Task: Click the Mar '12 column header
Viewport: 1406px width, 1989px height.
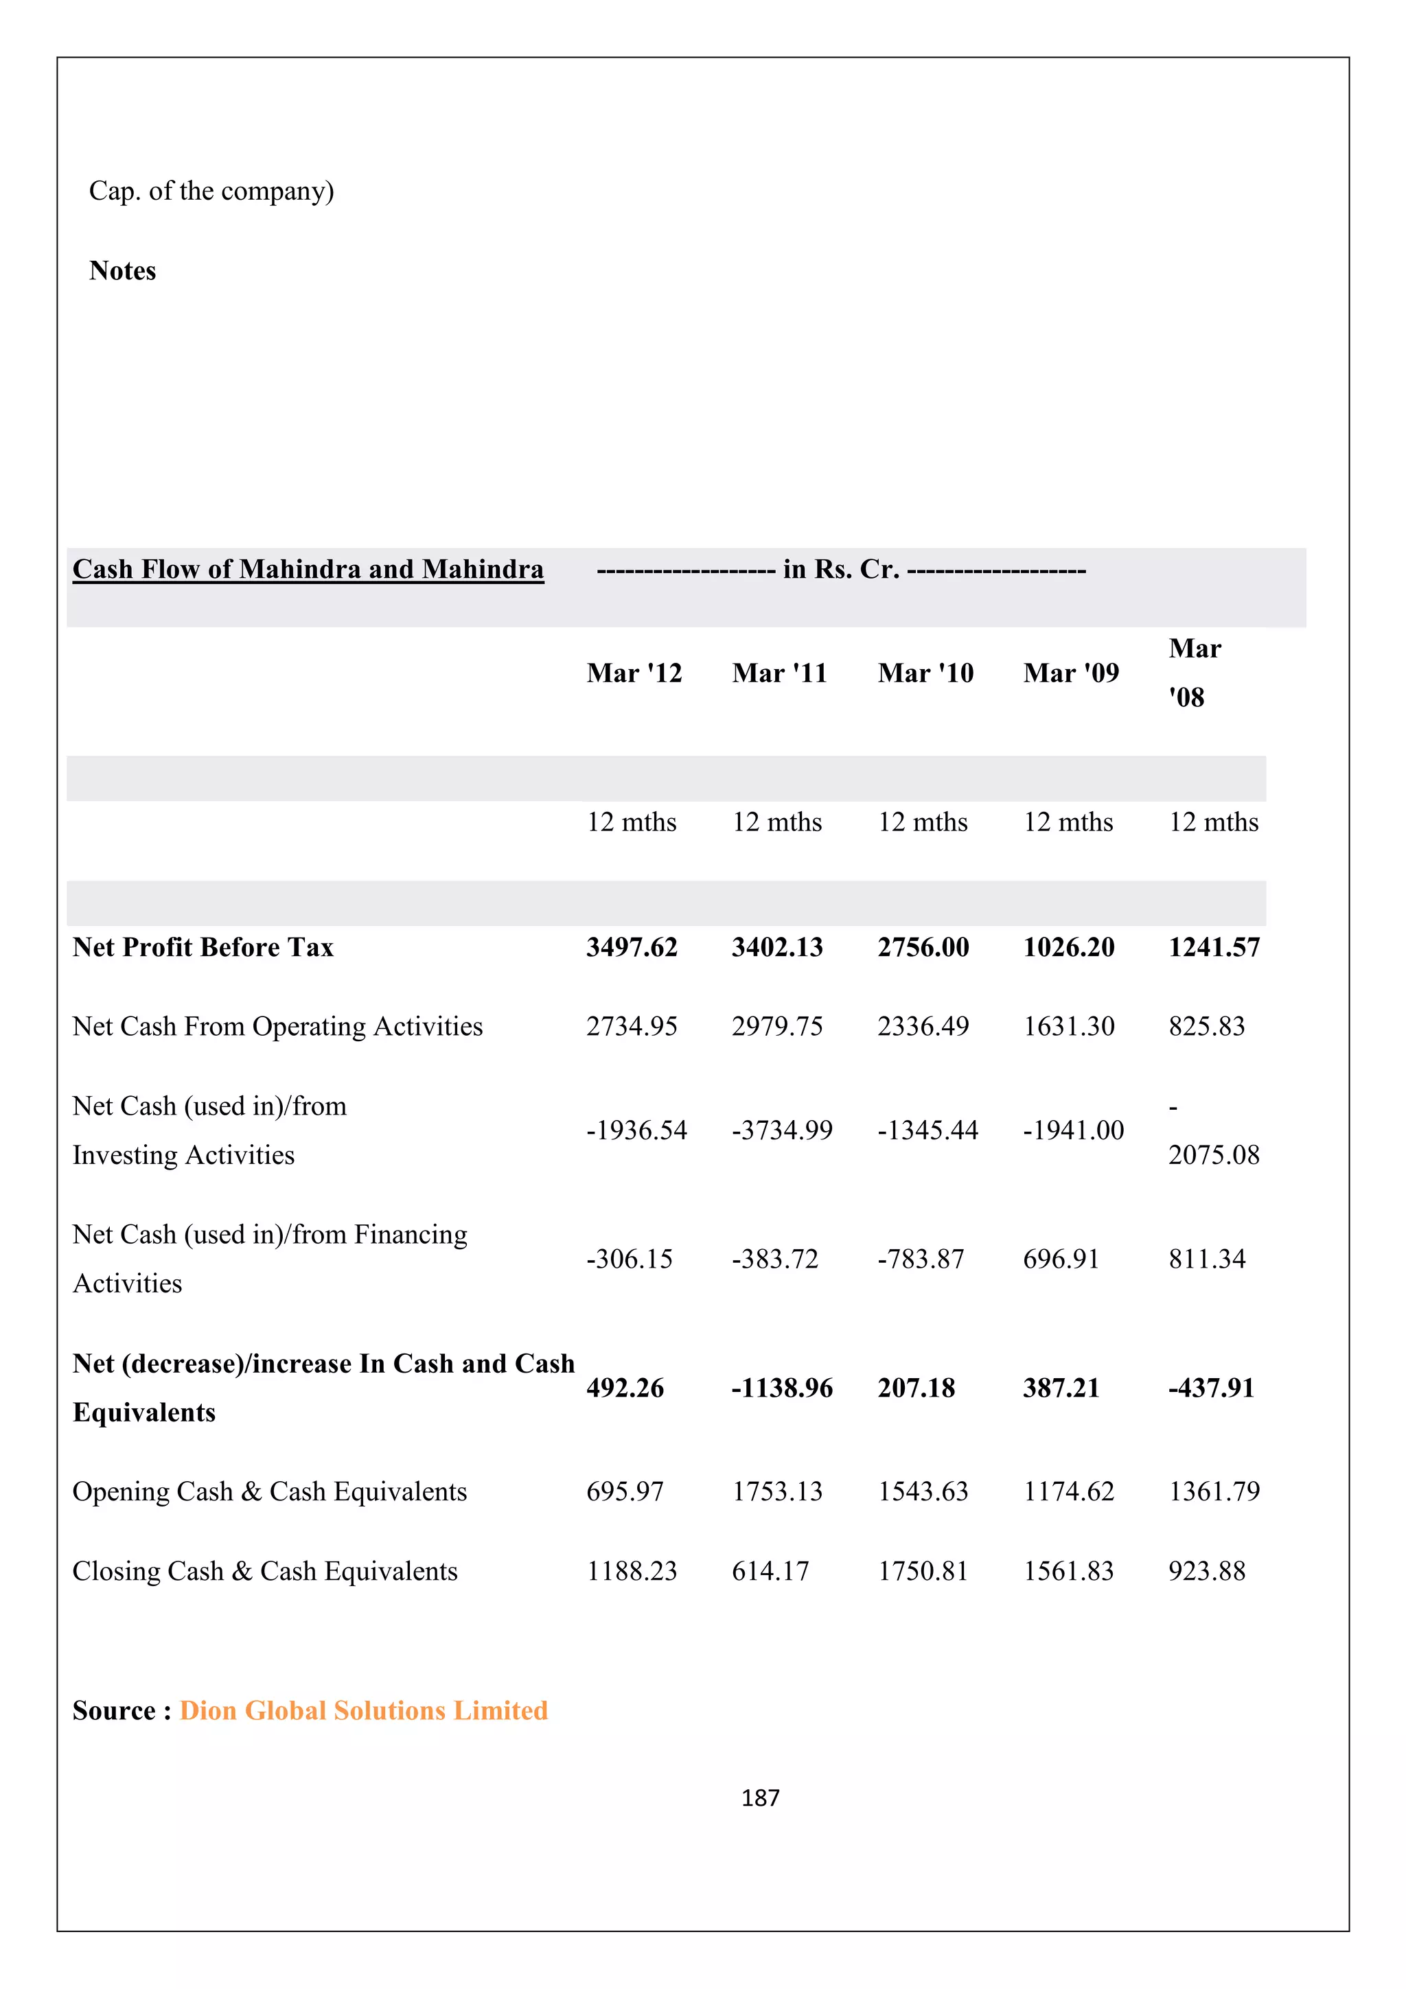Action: click(x=634, y=673)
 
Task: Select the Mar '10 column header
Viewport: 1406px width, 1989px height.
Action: click(x=925, y=673)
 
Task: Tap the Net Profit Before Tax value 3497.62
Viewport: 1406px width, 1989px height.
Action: click(x=632, y=947)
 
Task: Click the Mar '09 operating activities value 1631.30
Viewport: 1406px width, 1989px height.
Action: click(x=1069, y=1027)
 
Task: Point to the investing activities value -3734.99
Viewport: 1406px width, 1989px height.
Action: click(x=781, y=1130)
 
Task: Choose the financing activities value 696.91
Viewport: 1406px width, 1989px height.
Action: click(x=1061, y=1259)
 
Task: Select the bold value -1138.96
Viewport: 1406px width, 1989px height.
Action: click(x=781, y=1388)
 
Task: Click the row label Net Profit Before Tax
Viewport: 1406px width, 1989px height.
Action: click(x=203, y=947)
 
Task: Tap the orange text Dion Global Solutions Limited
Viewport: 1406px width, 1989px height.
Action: click(x=364, y=1710)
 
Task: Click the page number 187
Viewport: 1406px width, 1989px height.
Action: click(x=760, y=1798)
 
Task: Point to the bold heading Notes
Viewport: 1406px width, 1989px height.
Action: click(x=122, y=270)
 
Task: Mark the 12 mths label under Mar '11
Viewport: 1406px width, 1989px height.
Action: click(x=777, y=822)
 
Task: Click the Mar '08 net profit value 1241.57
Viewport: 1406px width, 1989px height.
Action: click(x=1214, y=947)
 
